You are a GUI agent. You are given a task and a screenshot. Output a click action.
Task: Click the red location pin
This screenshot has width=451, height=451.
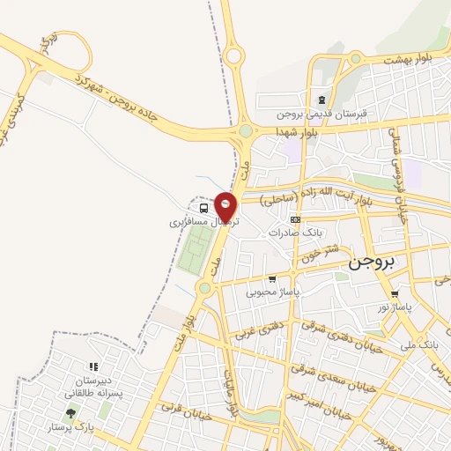point(226,206)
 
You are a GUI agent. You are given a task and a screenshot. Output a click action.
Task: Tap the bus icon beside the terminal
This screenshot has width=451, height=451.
point(204,208)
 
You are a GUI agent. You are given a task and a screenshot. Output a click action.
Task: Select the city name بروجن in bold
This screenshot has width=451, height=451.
point(373,262)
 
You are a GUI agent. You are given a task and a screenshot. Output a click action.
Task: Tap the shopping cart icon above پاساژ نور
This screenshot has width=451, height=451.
point(395,294)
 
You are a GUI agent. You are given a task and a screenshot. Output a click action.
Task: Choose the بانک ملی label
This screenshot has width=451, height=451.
point(418,344)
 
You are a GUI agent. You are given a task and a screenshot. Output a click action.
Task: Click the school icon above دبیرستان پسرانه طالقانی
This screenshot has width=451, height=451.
point(92,366)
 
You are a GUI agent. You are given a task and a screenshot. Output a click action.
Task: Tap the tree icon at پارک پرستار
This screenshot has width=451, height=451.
point(70,413)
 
